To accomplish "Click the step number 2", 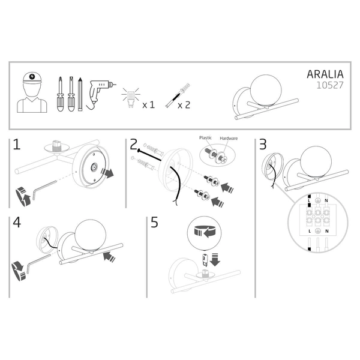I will coord(133,145).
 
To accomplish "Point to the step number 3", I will coord(262,145).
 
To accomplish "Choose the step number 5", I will coord(154,223).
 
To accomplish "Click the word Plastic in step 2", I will coord(206,139).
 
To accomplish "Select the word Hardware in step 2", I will coord(229,139).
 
